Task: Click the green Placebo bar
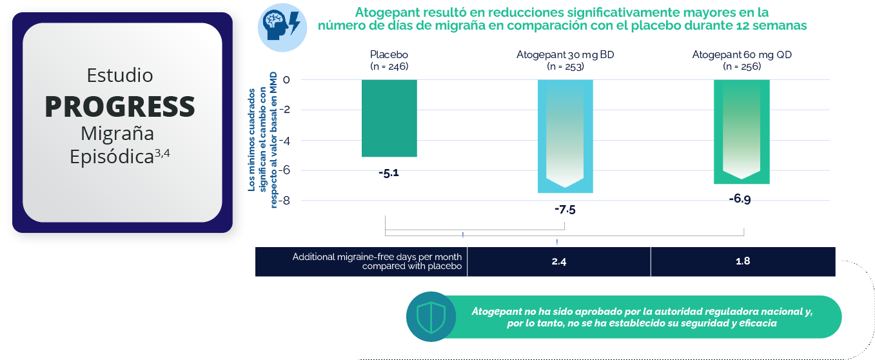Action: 389,118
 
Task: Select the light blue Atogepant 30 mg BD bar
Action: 565,136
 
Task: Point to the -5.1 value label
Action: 389,173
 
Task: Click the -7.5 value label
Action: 565,210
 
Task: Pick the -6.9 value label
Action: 740,199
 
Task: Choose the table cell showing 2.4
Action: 558,261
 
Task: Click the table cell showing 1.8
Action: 743,261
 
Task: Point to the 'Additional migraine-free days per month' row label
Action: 377,261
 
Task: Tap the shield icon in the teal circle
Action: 431,317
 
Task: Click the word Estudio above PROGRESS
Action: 120,75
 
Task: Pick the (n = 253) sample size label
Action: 565,66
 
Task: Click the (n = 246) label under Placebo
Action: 389,66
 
